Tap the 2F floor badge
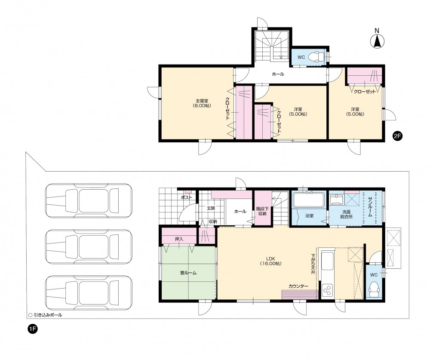(x=397, y=136)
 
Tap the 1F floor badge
(x=32, y=329)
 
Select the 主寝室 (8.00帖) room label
(x=202, y=103)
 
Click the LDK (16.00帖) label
(x=270, y=261)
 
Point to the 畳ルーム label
(x=188, y=273)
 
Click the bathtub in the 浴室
(x=309, y=200)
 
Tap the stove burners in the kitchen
(x=327, y=290)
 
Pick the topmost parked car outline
(x=89, y=200)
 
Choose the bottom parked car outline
(x=89, y=293)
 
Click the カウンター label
(x=298, y=286)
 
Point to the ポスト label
(x=187, y=197)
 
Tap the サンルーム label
(x=370, y=207)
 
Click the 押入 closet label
(x=179, y=239)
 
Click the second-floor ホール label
(x=278, y=74)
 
